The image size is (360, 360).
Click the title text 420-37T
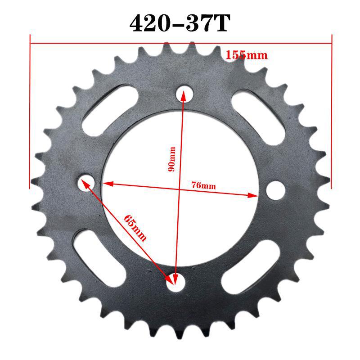pos(180,23)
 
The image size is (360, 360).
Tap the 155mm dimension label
pos(247,55)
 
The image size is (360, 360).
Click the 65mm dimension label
pos(135,228)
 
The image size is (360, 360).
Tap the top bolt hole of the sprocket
pos(184,93)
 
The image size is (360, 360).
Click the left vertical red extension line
pos(30,112)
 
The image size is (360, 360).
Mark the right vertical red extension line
pos(332,112)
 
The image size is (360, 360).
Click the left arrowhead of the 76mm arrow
pos(106,184)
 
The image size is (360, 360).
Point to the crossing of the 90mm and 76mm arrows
pos(179,189)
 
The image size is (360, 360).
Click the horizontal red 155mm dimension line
pos(135,44)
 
